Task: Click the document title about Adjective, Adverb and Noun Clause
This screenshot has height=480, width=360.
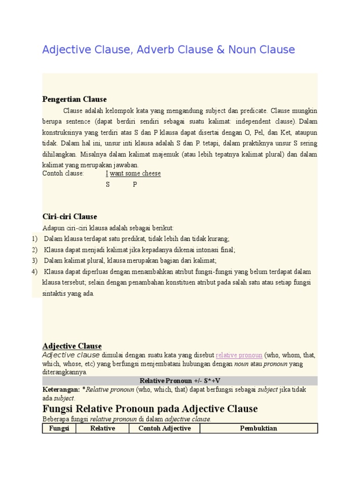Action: pos(168,50)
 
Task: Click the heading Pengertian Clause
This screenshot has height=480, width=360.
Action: pos(75,99)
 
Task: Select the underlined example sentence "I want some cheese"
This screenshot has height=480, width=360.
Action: pos(133,173)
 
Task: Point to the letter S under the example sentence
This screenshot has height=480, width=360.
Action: pos(108,185)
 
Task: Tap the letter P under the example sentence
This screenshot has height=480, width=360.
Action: pos(135,185)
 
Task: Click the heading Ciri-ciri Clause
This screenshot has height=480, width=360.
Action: pos(70,217)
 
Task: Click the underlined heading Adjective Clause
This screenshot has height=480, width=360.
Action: pos(72,346)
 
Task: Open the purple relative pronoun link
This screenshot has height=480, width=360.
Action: pos(239,355)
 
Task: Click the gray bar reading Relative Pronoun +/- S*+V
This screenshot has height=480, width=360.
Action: pos(180,381)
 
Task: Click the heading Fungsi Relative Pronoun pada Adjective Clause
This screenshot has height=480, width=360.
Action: pos(150,409)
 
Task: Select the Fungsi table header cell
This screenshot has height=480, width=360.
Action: pos(59,428)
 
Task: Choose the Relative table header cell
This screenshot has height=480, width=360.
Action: pos(103,428)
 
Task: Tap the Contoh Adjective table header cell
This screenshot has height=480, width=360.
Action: pos(165,428)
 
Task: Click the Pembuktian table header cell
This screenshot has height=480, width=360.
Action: pos(258,428)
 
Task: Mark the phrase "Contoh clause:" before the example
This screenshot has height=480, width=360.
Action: pos(63,173)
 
